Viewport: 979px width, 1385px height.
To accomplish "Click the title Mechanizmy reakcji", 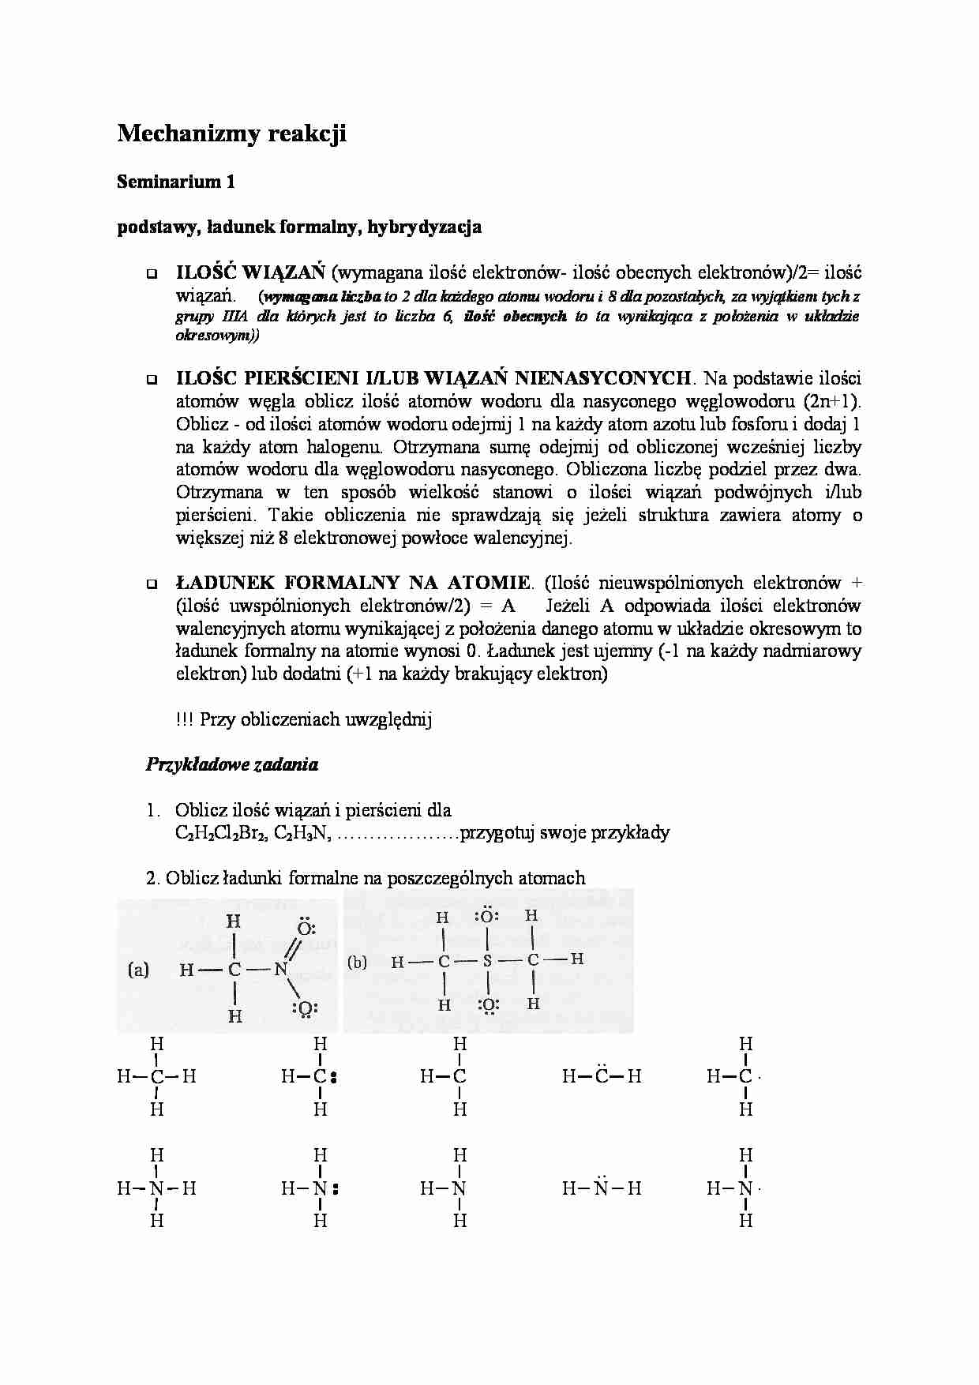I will point(231,134).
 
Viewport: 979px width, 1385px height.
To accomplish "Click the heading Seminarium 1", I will point(176,182).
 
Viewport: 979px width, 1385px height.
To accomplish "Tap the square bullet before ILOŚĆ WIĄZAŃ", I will point(150,275).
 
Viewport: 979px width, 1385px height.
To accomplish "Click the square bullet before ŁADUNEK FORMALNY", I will point(150,585).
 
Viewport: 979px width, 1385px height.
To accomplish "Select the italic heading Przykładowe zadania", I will point(232,764).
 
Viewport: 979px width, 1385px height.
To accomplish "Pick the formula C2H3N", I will point(302,833).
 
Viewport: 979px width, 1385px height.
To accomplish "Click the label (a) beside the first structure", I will point(138,970).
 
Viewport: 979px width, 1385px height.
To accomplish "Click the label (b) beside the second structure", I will point(357,962).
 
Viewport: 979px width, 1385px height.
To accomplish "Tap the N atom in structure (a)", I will point(280,970).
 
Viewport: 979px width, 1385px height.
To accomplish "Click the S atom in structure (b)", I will point(487,961).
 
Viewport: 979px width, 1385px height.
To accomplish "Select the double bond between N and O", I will point(293,948).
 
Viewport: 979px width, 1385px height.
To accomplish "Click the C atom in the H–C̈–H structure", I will point(602,1076).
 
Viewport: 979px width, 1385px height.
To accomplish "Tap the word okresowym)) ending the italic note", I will point(217,335).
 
